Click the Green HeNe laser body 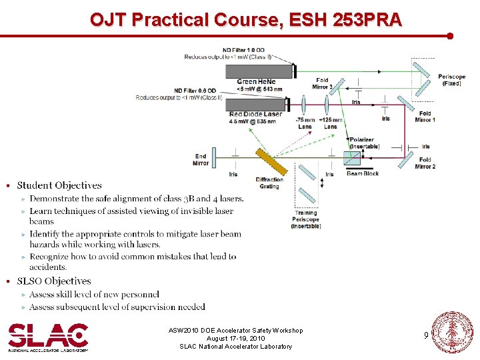click(x=260, y=71)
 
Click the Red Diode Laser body click(x=257, y=104)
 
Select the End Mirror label click(x=201, y=159)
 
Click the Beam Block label click(x=363, y=174)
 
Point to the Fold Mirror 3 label click(x=322, y=83)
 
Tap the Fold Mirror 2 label click(x=425, y=163)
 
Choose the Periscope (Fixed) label click(x=452, y=80)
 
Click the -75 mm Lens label click(x=305, y=123)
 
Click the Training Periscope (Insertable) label click(x=305, y=219)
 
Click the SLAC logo click(x=47, y=337)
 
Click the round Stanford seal click(x=453, y=332)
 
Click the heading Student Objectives click(x=59, y=185)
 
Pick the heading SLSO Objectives click(x=53, y=281)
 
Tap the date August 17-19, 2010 click(x=235, y=338)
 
